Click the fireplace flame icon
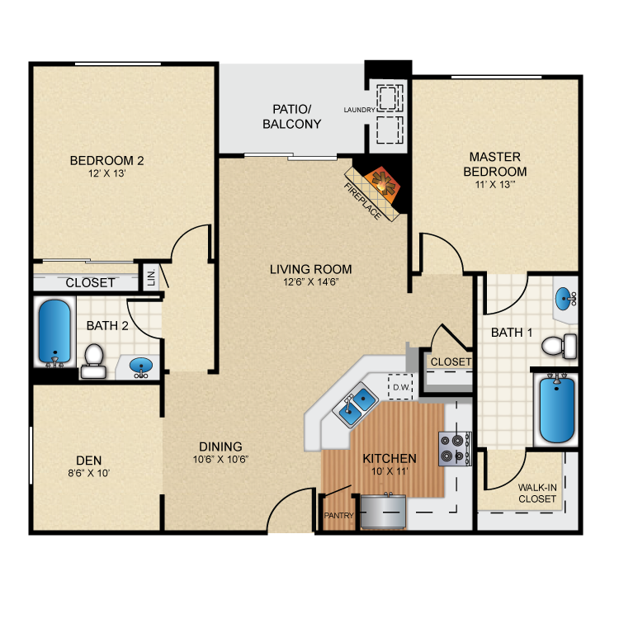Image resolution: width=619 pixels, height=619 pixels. click(x=382, y=182)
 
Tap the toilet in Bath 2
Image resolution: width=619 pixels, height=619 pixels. click(x=93, y=361)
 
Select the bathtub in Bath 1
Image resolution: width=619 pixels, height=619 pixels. click(x=556, y=409)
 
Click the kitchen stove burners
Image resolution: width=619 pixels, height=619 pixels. click(x=455, y=448)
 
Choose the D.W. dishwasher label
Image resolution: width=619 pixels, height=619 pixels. click(x=401, y=388)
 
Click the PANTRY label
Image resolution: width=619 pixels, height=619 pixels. click(x=338, y=516)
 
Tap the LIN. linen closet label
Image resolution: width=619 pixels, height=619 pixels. click(x=152, y=277)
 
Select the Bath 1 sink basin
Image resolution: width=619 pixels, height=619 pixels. click(x=565, y=299)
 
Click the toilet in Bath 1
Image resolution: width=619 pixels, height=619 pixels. click(x=559, y=346)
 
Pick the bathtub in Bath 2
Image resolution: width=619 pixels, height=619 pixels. click(x=54, y=332)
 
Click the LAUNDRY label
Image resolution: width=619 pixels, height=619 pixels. click(x=359, y=110)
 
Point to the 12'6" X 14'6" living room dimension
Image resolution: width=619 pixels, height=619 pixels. click(x=310, y=282)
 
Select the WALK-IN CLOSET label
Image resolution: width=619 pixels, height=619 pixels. click(x=537, y=494)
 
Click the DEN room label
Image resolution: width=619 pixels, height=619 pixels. click(x=89, y=461)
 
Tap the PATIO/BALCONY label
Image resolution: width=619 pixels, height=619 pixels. click(x=291, y=116)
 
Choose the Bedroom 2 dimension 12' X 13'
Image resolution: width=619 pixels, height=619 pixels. click(x=106, y=173)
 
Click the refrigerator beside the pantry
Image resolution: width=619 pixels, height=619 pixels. click(x=383, y=511)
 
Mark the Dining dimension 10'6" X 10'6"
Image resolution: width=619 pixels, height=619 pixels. click(x=220, y=460)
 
